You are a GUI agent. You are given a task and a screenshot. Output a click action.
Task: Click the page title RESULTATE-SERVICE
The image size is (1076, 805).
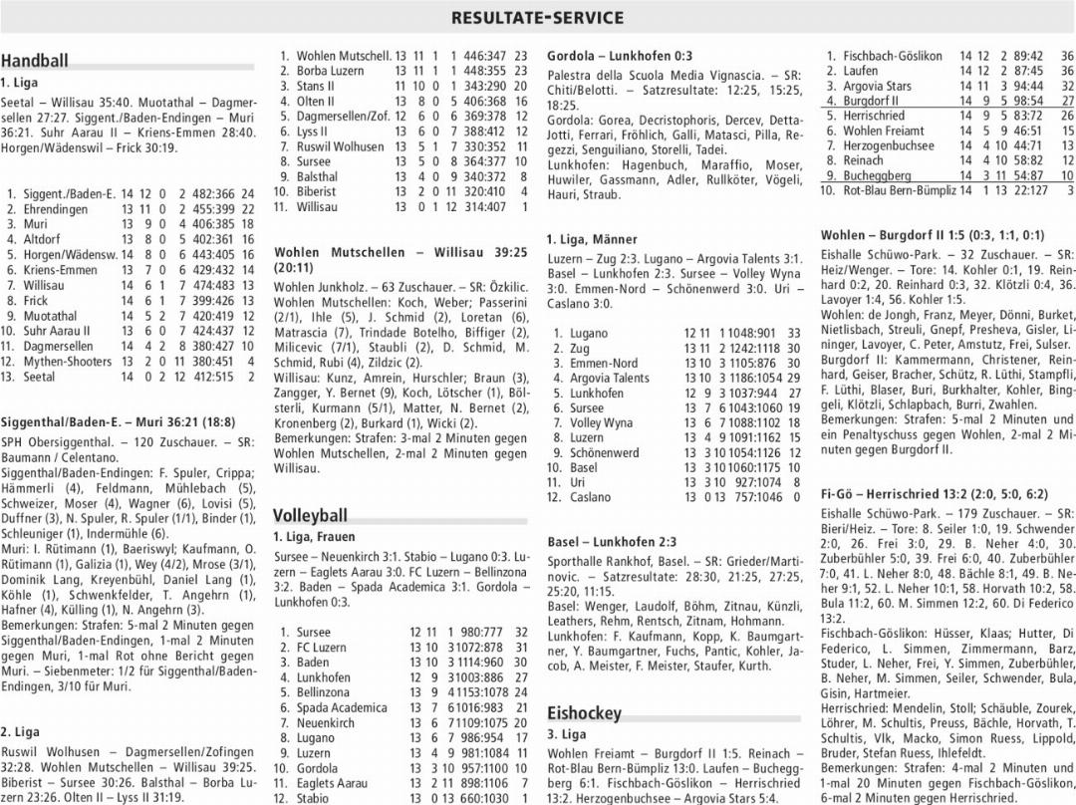(537, 18)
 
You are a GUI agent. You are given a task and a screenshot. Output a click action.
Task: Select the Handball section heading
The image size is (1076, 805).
(35, 61)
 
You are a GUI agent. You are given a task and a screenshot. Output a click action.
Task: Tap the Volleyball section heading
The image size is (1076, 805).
(310, 515)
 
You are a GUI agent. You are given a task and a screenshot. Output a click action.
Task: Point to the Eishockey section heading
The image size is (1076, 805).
(584, 712)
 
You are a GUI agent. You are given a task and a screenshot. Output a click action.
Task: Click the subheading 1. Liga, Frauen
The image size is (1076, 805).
(314, 537)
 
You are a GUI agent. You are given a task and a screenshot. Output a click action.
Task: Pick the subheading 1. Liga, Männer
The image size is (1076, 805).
(592, 240)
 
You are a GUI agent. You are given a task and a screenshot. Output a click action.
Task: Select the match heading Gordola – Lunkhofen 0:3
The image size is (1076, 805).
(620, 57)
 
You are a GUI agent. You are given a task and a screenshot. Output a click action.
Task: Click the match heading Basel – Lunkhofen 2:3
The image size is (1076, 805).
(612, 542)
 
